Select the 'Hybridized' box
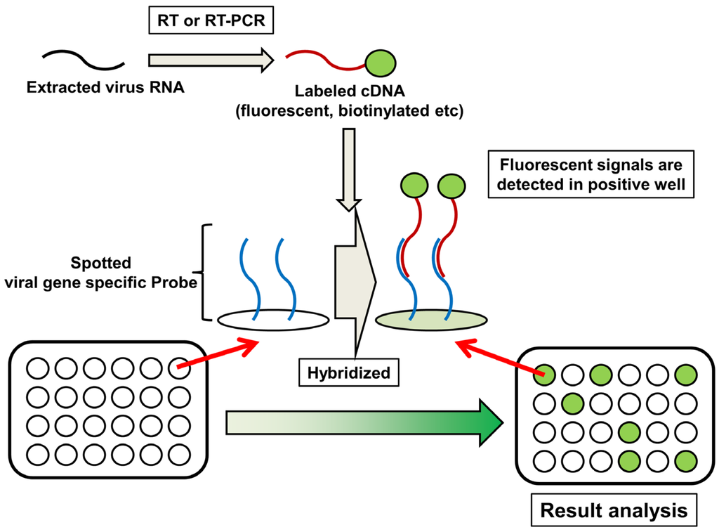pyautogui.click(x=349, y=373)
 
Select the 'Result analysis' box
pyautogui.click(x=614, y=510)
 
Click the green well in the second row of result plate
pyautogui.click(x=571, y=403)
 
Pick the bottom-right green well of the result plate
pyautogui.click(x=685, y=461)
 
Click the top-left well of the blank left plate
pyautogui.click(x=37, y=367)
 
